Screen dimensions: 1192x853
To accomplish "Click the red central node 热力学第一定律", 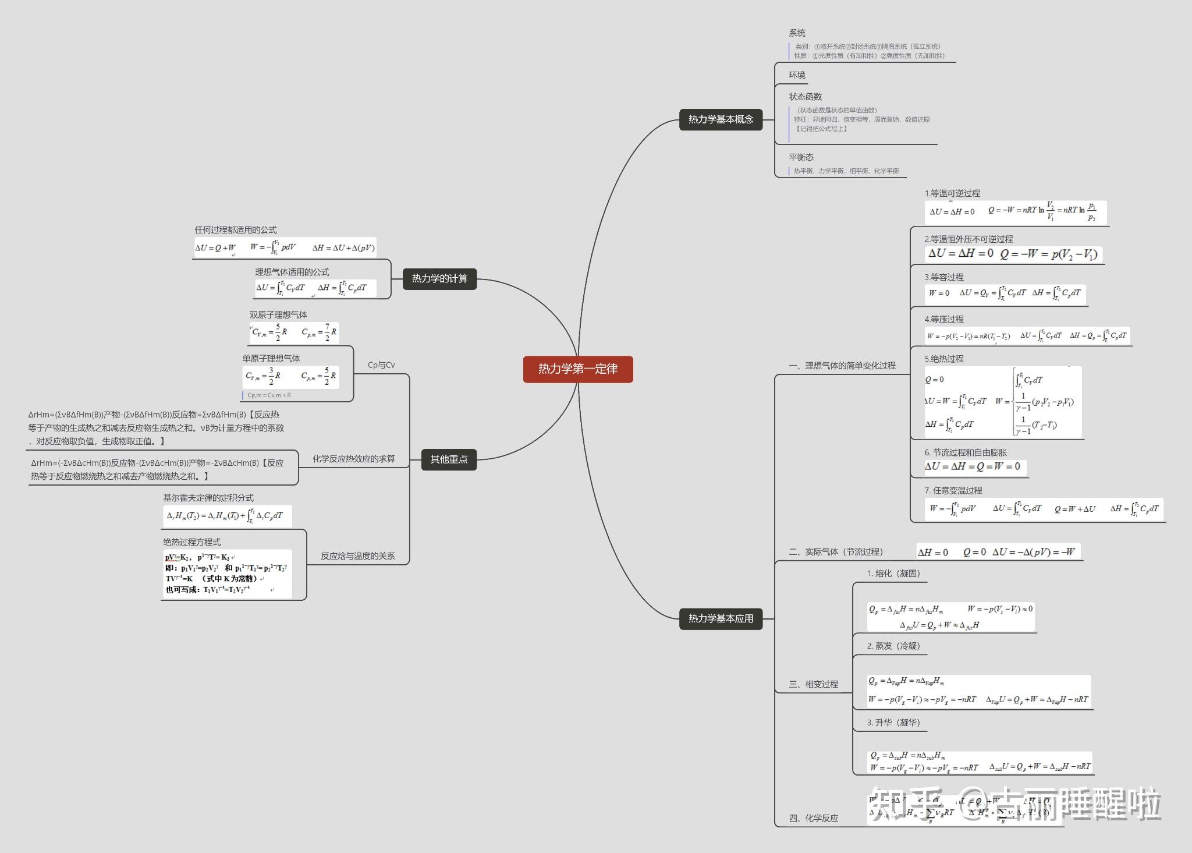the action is click(577, 369).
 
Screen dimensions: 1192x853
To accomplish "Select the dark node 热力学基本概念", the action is click(721, 119).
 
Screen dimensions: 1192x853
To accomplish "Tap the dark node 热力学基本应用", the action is click(721, 618).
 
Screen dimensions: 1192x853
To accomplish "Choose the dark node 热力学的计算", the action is click(439, 279).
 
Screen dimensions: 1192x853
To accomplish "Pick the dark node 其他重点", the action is click(449, 459).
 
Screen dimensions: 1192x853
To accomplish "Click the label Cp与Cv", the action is click(381, 365).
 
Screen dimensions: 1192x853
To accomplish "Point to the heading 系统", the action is click(797, 33).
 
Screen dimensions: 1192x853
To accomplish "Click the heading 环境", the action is click(797, 75).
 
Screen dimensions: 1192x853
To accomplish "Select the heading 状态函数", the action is click(805, 97).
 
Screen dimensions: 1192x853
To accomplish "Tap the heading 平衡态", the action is click(801, 157).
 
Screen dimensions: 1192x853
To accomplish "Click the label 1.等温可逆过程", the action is click(952, 193).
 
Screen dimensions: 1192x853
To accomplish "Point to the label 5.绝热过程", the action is click(944, 359).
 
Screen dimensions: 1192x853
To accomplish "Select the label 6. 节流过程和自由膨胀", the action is click(966, 452).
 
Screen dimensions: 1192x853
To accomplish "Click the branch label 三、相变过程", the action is click(813, 684).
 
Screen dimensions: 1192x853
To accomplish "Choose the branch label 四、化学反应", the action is click(813, 818).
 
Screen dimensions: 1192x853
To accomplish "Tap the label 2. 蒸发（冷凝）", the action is click(893, 646).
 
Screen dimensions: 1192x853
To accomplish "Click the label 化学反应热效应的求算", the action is click(354, 459).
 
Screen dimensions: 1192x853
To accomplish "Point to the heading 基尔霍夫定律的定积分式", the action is click(208, 498).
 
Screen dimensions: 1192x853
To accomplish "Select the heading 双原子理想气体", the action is click(278, 315).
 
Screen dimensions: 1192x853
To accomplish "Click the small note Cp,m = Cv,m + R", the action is click(269, 395).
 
